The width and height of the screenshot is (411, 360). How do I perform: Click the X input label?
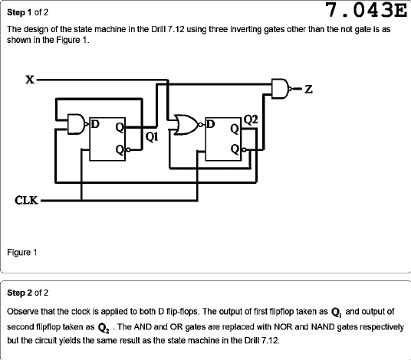(x=30, y=80)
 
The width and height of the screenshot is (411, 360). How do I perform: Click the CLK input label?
(x=26, y=200)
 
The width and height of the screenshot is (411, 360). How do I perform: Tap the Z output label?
(x=309, y=90)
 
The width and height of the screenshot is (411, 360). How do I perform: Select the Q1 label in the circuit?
(x=152, y=137)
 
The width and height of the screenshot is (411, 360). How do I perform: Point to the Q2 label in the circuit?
(x=251, y=120)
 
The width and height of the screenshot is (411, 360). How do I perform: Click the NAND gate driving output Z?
(x=281, y=89)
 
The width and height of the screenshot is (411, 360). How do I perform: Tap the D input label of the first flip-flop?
(x=95, y=124)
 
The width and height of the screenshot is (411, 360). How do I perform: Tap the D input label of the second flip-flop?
(x=210, y=124)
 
